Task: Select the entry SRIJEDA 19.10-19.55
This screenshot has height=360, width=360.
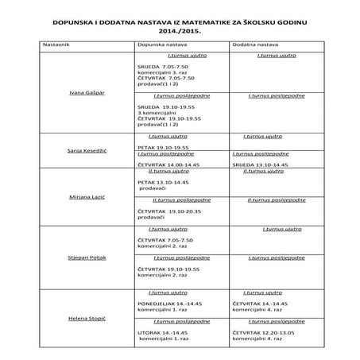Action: (x=166, y=106)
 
